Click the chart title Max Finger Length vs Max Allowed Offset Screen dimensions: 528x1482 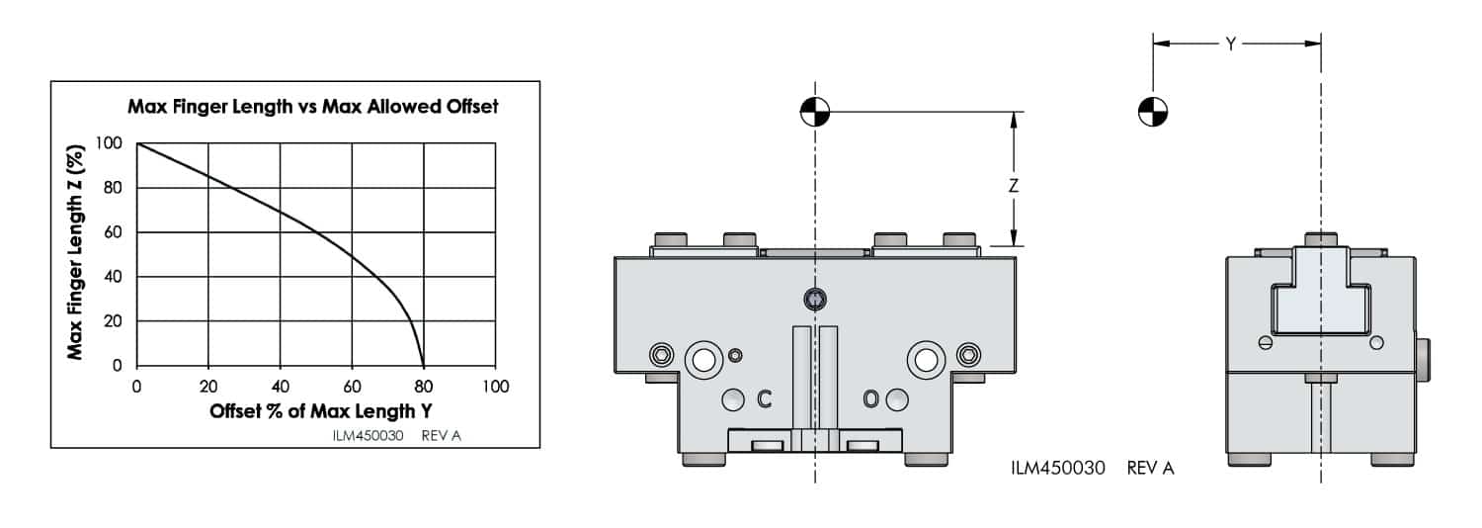[312, 107]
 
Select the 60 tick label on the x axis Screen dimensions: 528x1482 [353, 386]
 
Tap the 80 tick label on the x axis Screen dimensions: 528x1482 [424, 386]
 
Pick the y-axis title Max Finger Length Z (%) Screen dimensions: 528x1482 [75, 252]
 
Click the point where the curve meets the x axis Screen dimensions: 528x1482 [424, 365]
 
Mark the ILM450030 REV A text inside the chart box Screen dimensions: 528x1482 [397, 435]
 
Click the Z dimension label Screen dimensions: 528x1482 [1013, 185]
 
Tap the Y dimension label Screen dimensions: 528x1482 [1231, 44]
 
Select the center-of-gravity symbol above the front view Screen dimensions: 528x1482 [816, 112]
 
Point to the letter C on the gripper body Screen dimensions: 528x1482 [763, 398]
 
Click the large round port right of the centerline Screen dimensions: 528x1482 [926, 360]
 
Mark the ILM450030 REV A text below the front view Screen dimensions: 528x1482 [1092, 468]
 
